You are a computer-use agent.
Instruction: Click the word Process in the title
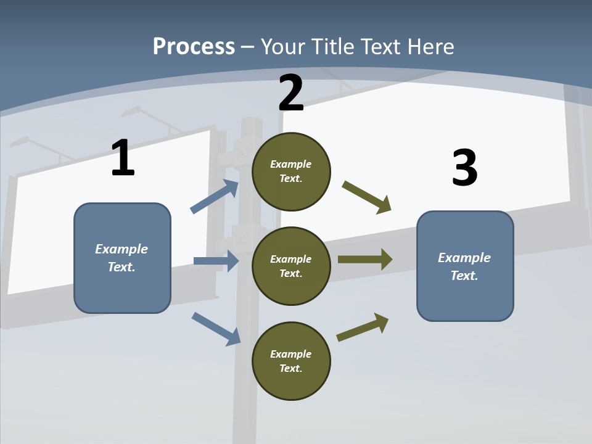(194, 46)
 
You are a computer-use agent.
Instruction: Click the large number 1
(123, 158)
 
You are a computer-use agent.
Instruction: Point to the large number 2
(291, 93)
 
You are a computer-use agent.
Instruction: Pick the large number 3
(464, 168)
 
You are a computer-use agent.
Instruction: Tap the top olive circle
(291, 171)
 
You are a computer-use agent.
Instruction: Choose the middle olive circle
(291, 266)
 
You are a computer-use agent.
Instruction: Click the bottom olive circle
(291, 361)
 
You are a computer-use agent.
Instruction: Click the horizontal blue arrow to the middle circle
(216, 261)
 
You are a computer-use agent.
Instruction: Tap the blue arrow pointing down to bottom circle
(216, 329)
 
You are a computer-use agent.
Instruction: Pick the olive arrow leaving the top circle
(367, 197)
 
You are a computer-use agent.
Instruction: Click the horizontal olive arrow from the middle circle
(365, 259)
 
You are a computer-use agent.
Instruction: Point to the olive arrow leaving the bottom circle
(363, 327)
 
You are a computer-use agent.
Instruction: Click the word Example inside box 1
(121, 249)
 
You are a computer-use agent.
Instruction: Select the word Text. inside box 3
(464, 276)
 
